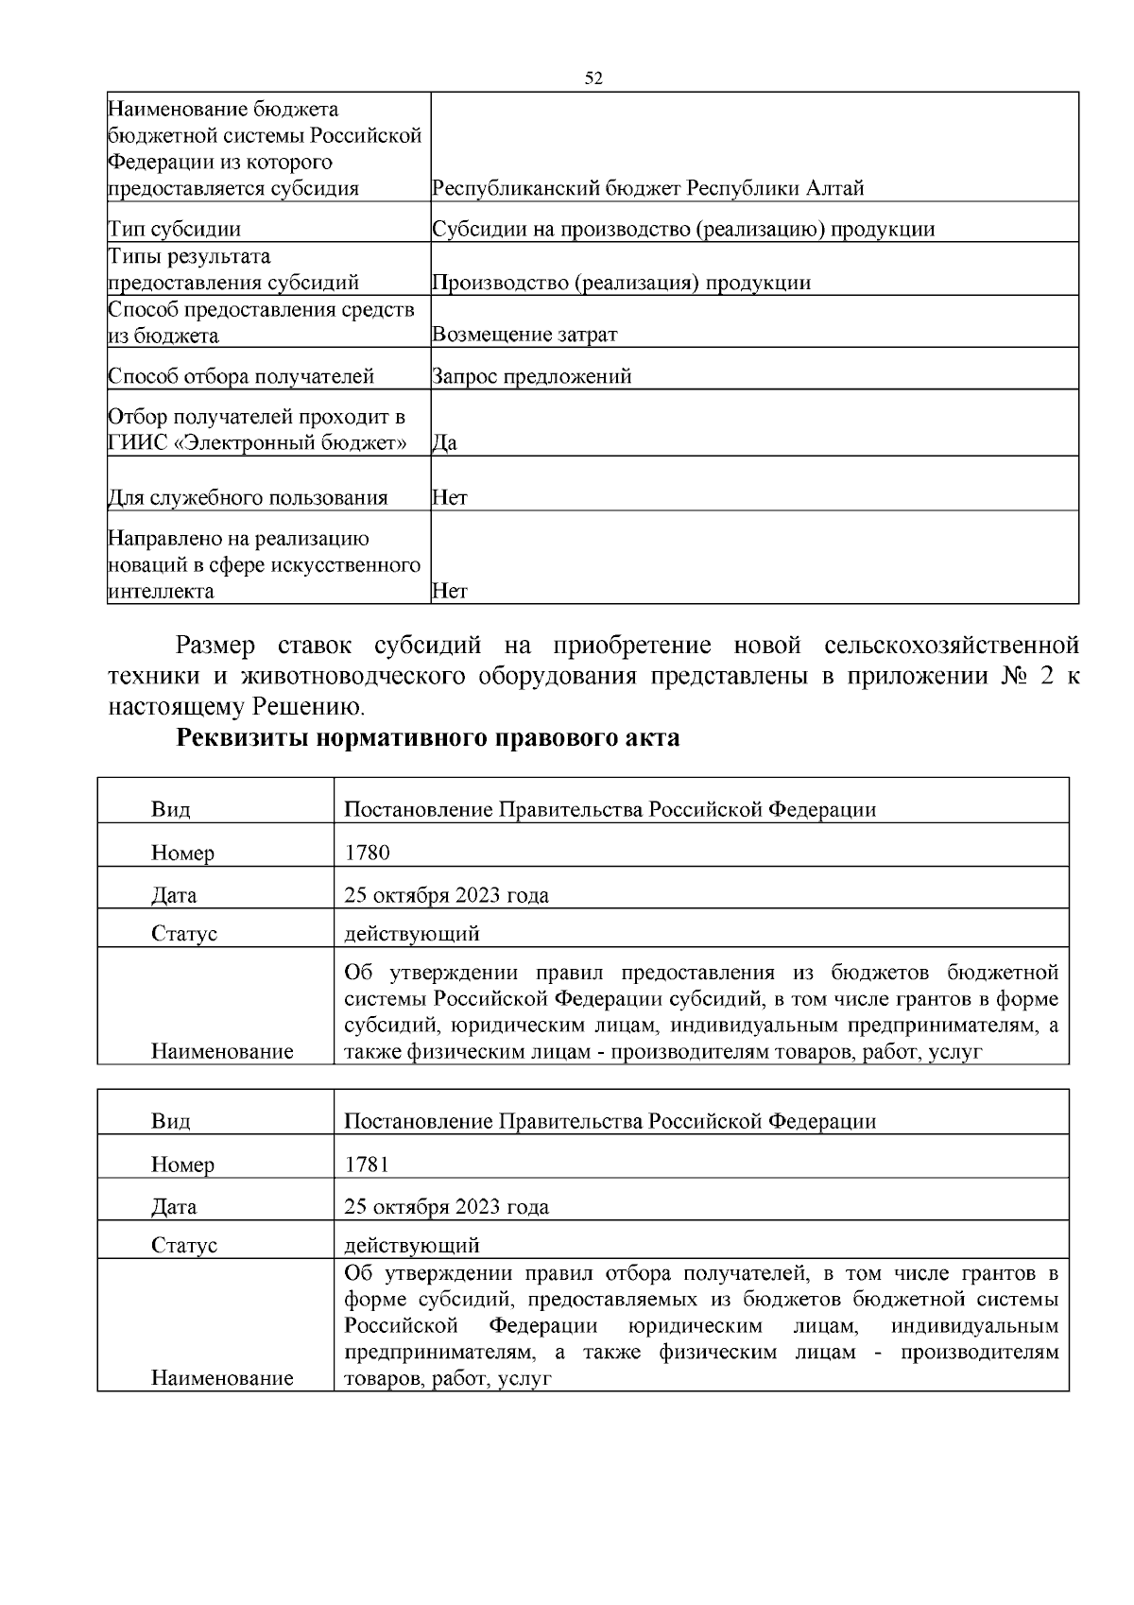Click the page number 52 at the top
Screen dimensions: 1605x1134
click(x=593, y=78)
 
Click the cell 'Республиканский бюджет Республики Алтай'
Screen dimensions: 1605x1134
click(x=647, y=188)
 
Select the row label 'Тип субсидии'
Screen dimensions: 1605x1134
click(x=175, y=229)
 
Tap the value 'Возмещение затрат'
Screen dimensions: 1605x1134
click(x=524, y=335)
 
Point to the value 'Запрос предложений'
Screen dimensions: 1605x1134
click(x=532, y=376)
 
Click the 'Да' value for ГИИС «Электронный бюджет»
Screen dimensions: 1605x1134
click(x=444, y=442)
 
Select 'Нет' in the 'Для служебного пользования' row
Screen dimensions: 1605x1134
click(x=450, y=497)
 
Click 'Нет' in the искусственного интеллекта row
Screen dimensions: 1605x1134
click(x=450, y=592)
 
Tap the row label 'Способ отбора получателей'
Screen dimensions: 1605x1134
click(x=242, y=376)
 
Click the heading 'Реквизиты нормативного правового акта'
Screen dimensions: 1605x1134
click(x=428, y=738)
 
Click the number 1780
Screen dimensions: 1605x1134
click(x=367, y=853)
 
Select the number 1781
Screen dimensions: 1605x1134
click(x=367, y=1165)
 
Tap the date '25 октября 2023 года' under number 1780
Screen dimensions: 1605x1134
click(x=446, y=895)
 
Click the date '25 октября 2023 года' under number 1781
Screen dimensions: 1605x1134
click(x=446, y=1207)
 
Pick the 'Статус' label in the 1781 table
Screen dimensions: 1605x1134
click(x=184, y=1246)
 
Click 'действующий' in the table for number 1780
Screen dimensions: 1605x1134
click(x=412, y=934)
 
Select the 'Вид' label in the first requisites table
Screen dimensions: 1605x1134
click(x=170, y=810)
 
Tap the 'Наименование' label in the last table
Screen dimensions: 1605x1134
click(x=222, y=1378)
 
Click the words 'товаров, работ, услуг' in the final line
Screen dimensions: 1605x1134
click(x=447, y=1378)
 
